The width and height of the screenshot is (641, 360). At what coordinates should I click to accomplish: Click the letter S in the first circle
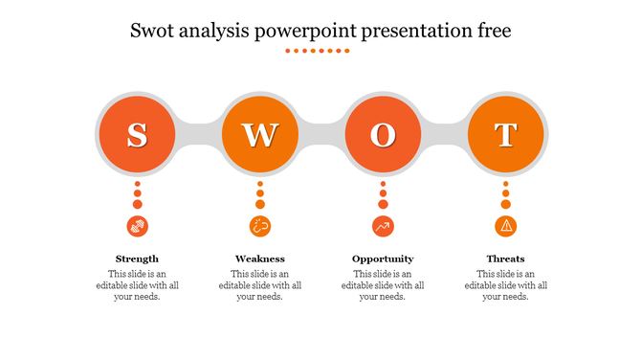click(137, 136)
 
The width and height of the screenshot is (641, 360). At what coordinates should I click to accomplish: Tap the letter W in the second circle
click(259, 136)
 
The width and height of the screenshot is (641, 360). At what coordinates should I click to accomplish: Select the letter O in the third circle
click(383, 136)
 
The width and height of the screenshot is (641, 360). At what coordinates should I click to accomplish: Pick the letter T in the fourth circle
click(506, 136)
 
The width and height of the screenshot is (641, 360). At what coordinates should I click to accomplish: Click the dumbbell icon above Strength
click(137, 226)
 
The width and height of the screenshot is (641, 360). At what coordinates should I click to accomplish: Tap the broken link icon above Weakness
click(259, 226)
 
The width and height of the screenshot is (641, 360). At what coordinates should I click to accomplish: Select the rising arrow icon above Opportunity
click(383, 226)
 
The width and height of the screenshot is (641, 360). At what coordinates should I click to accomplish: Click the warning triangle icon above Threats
click(506, 226)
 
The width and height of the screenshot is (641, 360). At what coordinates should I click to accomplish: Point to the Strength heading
click(137, 259)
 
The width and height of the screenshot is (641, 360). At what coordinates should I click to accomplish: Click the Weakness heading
click(259, 259)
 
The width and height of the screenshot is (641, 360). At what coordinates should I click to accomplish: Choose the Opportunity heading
click(383, 259)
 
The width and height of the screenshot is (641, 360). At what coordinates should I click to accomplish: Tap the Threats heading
click(506, 259)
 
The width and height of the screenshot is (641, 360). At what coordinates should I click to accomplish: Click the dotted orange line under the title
click(320, 51)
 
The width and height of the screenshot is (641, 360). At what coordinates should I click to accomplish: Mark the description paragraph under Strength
click(137, 285)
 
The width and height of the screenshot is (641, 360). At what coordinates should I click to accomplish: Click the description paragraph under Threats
click(506, 285)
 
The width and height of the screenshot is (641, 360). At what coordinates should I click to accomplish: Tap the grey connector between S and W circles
click(198, 136)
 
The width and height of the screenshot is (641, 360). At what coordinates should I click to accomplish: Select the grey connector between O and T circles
click(445, 136)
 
